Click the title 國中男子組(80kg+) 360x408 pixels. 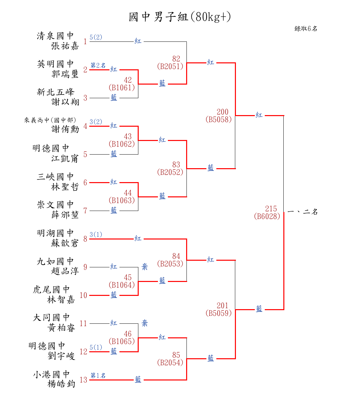pos(180,17)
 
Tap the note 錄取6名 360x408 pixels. pos(306,29)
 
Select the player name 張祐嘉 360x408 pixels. pos(65,46)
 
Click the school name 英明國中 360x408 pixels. pos(55,64)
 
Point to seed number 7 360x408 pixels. pos(85,211)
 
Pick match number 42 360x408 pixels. pos(128,80)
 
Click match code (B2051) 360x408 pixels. pos(170,66)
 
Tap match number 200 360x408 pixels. pos(223,112)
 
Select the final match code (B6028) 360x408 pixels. pos(267,216)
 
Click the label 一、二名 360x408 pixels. pos(302,212)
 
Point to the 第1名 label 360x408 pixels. pos(98,375)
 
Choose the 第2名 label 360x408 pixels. pos(98,65)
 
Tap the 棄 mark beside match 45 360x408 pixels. pos(145,267)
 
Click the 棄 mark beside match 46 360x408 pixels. pos(145,323)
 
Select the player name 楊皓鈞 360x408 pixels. pos(61,384)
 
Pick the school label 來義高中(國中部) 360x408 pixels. pos(50,120)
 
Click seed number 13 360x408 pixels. pos(83,380)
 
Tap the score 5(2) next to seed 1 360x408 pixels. pos(96,37)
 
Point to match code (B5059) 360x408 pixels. pos(219,313)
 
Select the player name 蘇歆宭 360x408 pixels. pos(65,243)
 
